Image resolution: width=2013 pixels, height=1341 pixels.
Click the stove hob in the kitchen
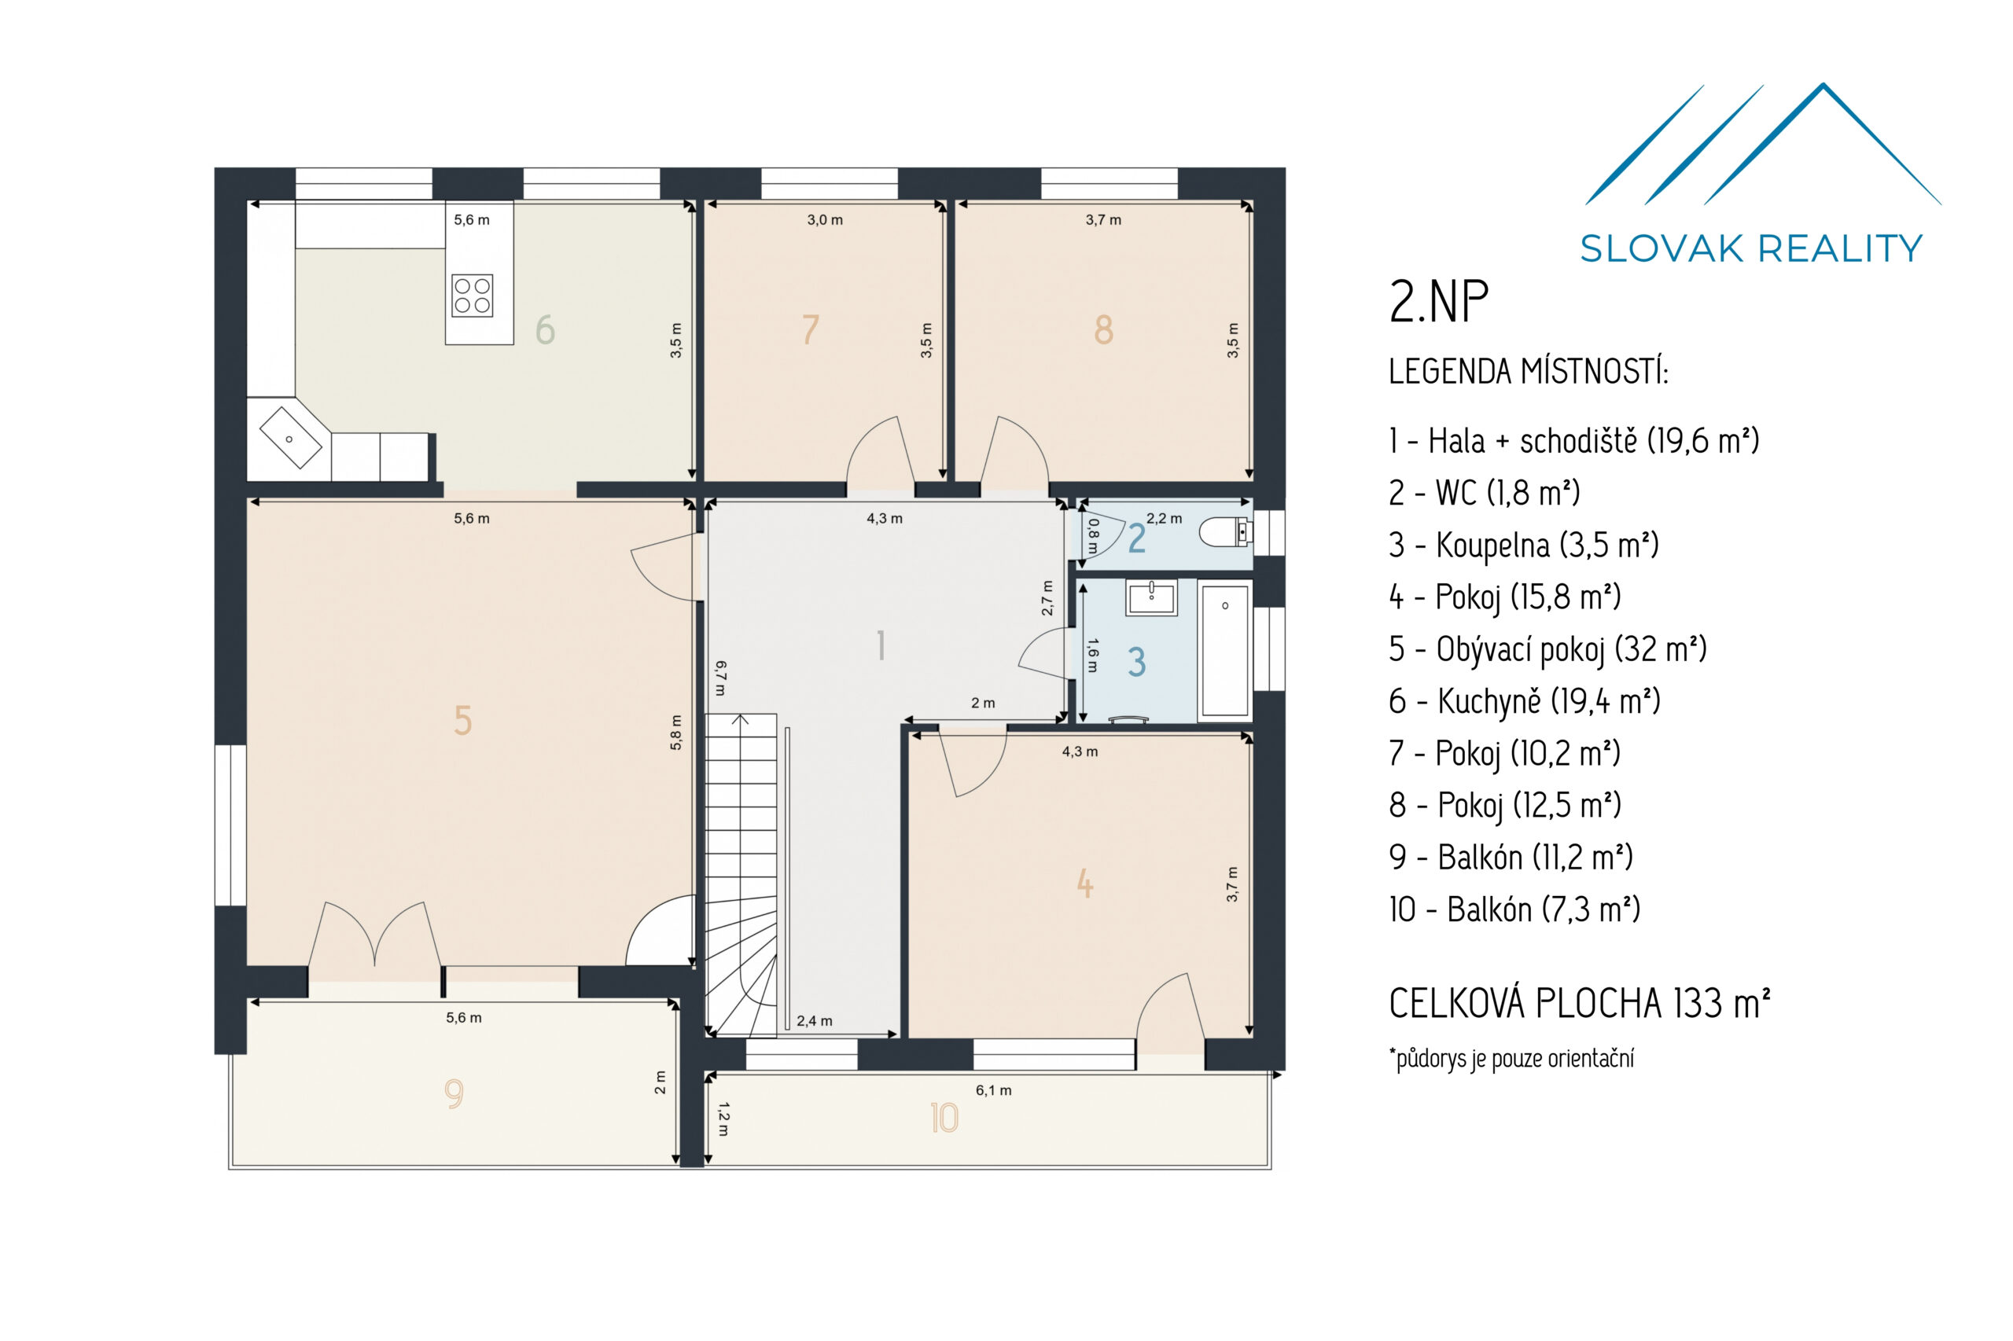(x=471, y=296)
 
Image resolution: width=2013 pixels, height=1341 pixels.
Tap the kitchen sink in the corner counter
(x=290, y=437)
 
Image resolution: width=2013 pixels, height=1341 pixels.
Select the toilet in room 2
(x=1225, y=532)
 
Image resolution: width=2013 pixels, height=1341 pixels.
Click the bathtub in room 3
(x=1224, y=650)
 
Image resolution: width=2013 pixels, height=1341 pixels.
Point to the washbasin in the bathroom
(x=1151, y=597)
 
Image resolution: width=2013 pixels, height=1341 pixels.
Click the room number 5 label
(x=462, y=720)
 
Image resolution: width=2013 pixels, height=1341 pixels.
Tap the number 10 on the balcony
(x=944, y=1117)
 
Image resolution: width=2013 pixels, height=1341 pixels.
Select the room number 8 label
(x=1102, y=329)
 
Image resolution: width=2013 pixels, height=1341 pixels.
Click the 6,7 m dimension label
(x=720, y=678)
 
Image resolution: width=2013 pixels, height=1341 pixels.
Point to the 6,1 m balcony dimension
(x=992, y=1089)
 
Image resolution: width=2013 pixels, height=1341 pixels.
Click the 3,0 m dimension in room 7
(x=824, y=220)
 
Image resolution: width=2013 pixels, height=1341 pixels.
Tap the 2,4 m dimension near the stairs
(x=814, y=1020)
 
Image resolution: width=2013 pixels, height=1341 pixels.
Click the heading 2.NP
(x=1438, y=302)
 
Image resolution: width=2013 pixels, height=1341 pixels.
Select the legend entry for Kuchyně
(x=1524, y=700)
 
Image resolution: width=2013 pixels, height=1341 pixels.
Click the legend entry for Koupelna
(x=1523, y=545)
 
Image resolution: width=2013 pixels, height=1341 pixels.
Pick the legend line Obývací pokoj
(x=1547, y=648)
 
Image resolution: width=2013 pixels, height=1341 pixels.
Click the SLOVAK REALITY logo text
(x=1750, y=248)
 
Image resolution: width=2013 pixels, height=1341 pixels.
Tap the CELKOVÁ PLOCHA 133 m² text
(x=1578, y=1003)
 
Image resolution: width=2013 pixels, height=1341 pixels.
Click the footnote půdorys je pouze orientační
(x=1511, y=1058)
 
